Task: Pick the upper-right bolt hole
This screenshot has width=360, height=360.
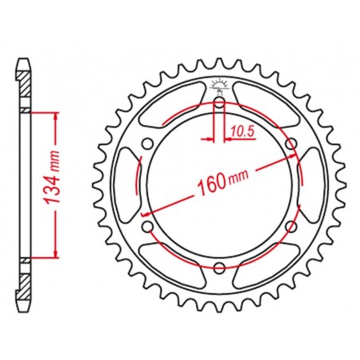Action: point(292,143)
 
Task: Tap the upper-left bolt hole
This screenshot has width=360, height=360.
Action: point(147,143)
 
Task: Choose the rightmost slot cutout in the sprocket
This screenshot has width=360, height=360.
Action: point(310,185)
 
